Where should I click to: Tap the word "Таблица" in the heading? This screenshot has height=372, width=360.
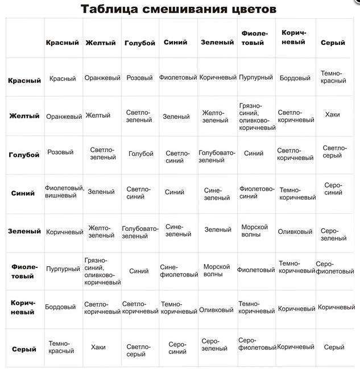click(x=110, y=10)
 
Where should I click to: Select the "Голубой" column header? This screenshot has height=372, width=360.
click(x=139, y=43)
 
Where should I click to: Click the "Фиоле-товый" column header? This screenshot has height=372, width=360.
click(x=253, y=38)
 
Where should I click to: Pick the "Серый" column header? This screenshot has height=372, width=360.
click(x=333, y=43)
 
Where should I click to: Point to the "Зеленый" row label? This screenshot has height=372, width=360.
click(x=24, y=232)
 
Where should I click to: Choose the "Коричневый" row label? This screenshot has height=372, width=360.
click(x=23, y=308)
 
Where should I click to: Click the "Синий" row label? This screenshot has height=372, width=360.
click(x=23, y=193)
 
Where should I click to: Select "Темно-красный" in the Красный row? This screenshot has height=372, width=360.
click(x=333, y=77)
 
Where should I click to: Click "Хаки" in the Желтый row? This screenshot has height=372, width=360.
click(x=332, y=114)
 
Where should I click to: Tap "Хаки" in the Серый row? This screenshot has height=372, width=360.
click(x=98, y=347)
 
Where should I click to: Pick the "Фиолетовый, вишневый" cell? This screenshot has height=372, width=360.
click(x=64, y=192)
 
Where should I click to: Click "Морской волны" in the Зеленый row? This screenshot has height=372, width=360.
click(x=254, y=230)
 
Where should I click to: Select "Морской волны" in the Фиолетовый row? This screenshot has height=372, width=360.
click(x=217, y=270)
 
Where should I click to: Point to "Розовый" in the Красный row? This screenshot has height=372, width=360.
click(x=139, y=77)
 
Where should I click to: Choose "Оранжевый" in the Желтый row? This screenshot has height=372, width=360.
click(x=64, y=117)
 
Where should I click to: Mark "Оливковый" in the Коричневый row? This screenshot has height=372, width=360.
click(x=216, y=310)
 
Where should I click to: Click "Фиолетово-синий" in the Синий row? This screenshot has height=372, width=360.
click(x=256, y=192)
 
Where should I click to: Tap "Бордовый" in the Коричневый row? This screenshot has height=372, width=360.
click(x=60, y=307)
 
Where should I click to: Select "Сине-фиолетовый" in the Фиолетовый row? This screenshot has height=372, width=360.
click(x=179, y=270)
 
